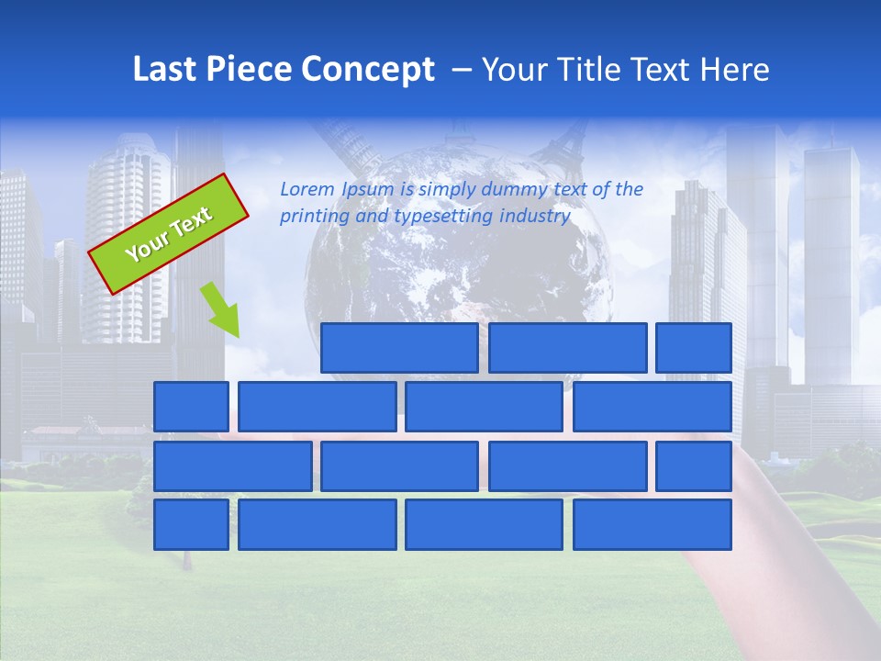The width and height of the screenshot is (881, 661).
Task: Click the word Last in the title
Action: pyautogui.click(x=166, y=69)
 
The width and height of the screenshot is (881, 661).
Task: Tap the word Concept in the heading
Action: pyautogui.click(x=369, y=70)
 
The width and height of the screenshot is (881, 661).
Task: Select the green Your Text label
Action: pyautogui.click(x=169, y=234)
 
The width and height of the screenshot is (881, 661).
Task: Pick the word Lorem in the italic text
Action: pyautogui.click(x=307, y=190)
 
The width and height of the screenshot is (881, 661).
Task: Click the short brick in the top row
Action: pyautogui.click(x=694, y=348)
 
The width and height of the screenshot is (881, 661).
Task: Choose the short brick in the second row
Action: pyautogui.click(x=191, y=407)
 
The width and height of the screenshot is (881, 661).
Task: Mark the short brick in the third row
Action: pyautogui.click(x=694, y=466)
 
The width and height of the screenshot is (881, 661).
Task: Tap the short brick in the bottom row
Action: pyautogui.click(x=191, y=525)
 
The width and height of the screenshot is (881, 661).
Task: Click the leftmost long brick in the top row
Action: pyautogui.click(x=399, y=348)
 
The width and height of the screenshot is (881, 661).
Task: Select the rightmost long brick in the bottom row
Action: pyautogui.click(x=652, y=525)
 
